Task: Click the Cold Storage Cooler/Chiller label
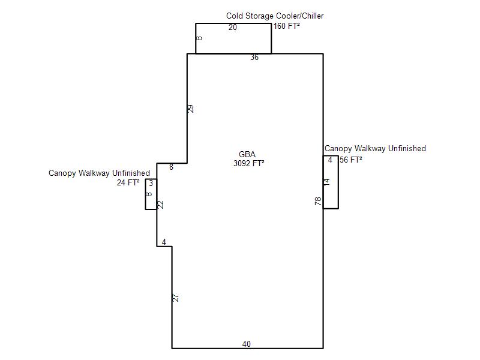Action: click(x=275, y=16)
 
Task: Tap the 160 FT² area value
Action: click(x=286, y=26)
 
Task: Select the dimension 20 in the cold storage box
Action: click(x=233, y=27)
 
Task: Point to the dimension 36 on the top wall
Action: click(x=254, y=57)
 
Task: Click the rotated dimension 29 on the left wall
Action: click(x=191, y=109)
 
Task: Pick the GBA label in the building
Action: click(x=247, y=154)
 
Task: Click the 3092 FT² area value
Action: click(x=248, y=163)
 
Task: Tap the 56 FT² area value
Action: click(x=351, y=160)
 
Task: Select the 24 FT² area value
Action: click(x=128, y=183)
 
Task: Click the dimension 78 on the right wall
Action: click(x=319, y=201)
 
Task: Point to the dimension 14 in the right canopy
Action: click(x=327, y=182)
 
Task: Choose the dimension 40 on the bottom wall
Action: click(x=247, y=344)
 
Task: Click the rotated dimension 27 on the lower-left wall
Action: click(x=176, y=298)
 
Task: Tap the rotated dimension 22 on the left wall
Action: click(x=161, y=205)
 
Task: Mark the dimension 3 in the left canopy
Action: click(x=151, y=184)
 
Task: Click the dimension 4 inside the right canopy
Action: click(x=330, y=160)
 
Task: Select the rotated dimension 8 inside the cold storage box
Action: click(x=199, y=38)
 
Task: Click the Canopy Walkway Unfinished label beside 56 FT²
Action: click(x=375, y=148)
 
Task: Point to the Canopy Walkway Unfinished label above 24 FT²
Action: click(x=99, y=173)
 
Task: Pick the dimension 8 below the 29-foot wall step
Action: click(x=171, y=167)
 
